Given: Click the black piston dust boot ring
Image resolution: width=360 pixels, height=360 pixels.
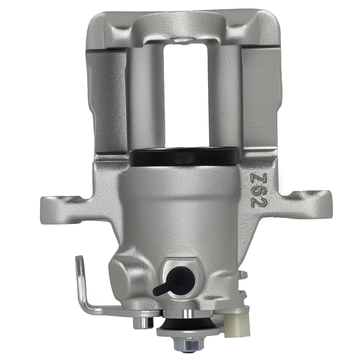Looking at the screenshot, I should (x=184, y=157).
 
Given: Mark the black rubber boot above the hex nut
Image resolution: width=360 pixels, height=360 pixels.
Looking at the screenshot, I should (x=188, y=327).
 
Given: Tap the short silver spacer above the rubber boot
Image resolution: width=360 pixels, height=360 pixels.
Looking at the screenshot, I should (x=188, y=314).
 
